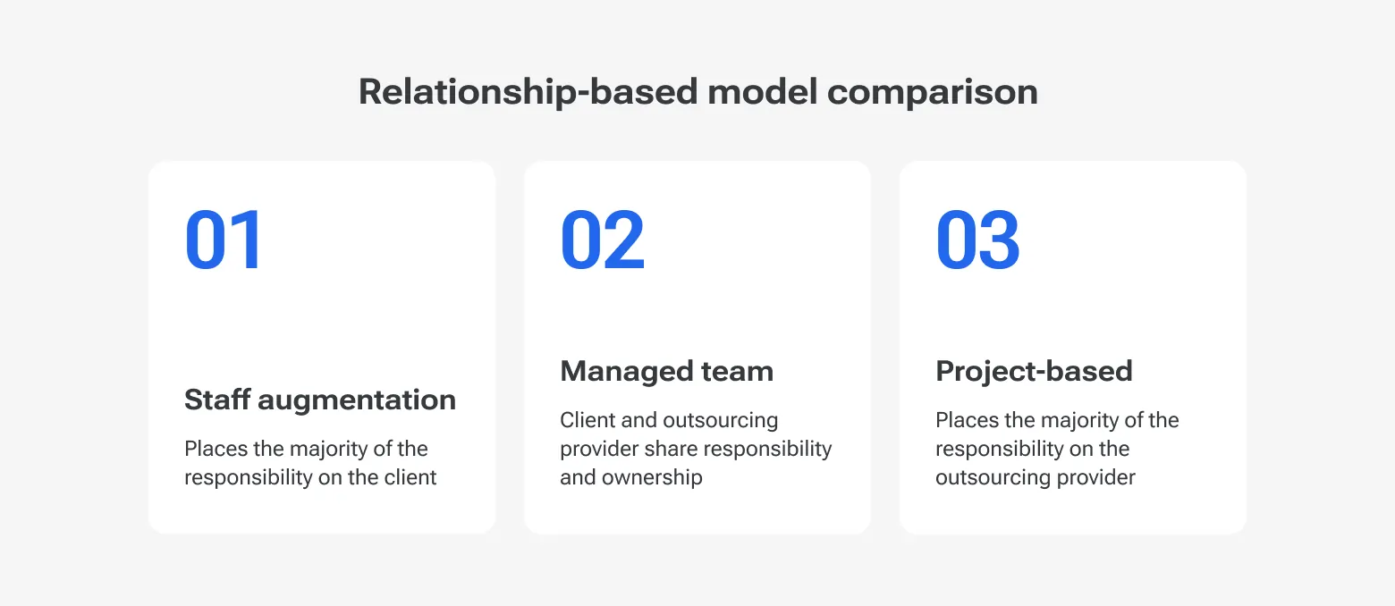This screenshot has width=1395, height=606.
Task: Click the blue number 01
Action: click(224, 240)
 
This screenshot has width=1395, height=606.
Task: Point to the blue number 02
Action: click(602, 240)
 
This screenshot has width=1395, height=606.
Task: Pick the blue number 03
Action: click(977, 240)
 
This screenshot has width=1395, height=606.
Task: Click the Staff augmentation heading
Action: click(320, 400)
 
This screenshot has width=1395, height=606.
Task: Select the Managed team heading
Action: click(666, 371)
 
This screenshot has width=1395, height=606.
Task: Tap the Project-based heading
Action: click(1034, 371)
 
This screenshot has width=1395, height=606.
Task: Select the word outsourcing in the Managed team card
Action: click(720, 420)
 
